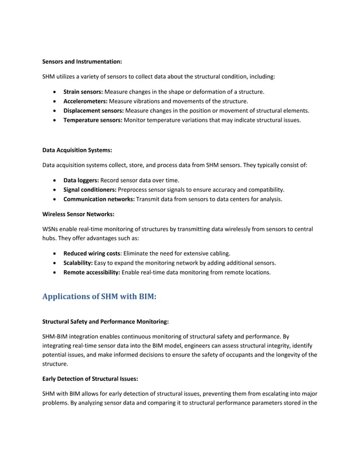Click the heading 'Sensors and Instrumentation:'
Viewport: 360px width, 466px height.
point(82,61)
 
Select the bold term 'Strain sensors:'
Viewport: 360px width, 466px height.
point(83,91)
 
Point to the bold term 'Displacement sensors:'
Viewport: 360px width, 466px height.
point(93,111)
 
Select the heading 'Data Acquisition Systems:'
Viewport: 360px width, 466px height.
point(77,150)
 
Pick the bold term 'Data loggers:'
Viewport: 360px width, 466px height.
point(81,180)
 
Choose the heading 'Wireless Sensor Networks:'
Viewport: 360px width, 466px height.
point(77,214)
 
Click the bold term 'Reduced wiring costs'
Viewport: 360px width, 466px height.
point(92,253)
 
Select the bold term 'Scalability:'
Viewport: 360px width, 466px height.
point(79,263)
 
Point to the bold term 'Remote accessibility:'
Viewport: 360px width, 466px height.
point(92,273)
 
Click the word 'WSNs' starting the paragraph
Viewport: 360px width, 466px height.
point(51,230)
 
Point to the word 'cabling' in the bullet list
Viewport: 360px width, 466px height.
point(217,253)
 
